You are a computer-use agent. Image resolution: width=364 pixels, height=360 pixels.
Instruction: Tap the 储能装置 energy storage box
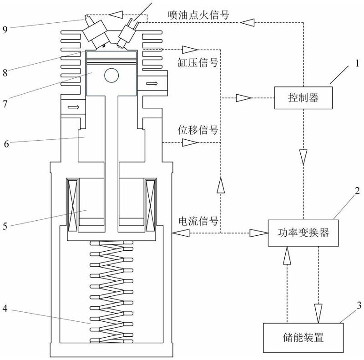click(x=303, y=337)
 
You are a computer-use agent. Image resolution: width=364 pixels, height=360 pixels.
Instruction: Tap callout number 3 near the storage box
click(x=359, y=305)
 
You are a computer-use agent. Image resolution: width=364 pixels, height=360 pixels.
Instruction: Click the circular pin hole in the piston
click(x=111, y=75)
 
